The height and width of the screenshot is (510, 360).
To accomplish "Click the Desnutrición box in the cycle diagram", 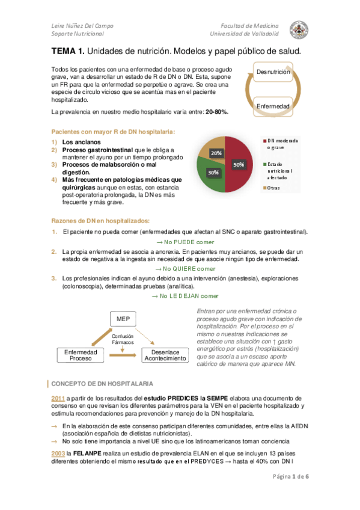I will [x=273, y=72].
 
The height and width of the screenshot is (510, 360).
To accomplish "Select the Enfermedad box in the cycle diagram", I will [x=273, y=106].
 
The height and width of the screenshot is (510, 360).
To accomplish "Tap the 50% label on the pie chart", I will [x=239, y=164].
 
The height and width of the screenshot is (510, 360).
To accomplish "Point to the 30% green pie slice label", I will [x=213, y=172].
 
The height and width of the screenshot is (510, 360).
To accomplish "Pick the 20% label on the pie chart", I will [x=216, y=153].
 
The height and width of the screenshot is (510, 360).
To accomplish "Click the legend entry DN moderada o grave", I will [x=282, y=144].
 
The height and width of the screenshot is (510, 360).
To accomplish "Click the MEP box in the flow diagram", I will [x=123, y=318].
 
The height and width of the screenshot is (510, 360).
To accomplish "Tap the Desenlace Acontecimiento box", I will [x=165, y=354].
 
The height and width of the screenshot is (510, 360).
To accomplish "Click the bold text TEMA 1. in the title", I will [x=67, y=52].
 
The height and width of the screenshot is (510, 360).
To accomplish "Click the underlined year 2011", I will [x=58, y=398].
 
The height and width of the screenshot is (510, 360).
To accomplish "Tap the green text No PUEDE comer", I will [x=181, y=242].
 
